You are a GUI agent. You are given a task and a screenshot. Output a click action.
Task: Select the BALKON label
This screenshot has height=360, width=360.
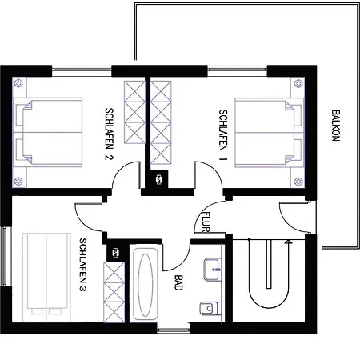click(335, 127)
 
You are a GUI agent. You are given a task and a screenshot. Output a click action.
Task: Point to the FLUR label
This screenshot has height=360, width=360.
click(206, 222)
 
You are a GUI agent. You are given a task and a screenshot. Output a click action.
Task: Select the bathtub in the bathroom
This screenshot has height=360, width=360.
click(144, 284)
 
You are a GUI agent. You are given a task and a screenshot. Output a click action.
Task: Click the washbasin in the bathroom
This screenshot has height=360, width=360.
click(212, 268)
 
